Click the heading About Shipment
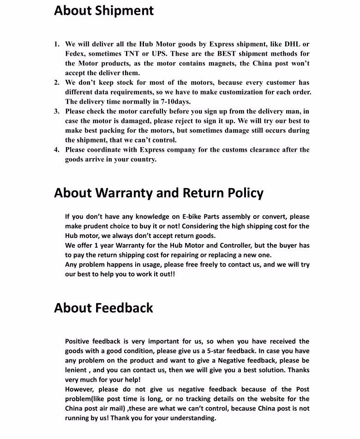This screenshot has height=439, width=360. (104, 11)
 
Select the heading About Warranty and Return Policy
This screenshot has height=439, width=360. (159, 193)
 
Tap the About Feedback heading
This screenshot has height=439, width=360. (103, 308)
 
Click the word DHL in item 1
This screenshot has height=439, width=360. (292, 44)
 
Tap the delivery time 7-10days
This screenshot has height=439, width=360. (176, 102)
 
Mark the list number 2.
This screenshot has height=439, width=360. (56, 83)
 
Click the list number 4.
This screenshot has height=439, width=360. (56, 149)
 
